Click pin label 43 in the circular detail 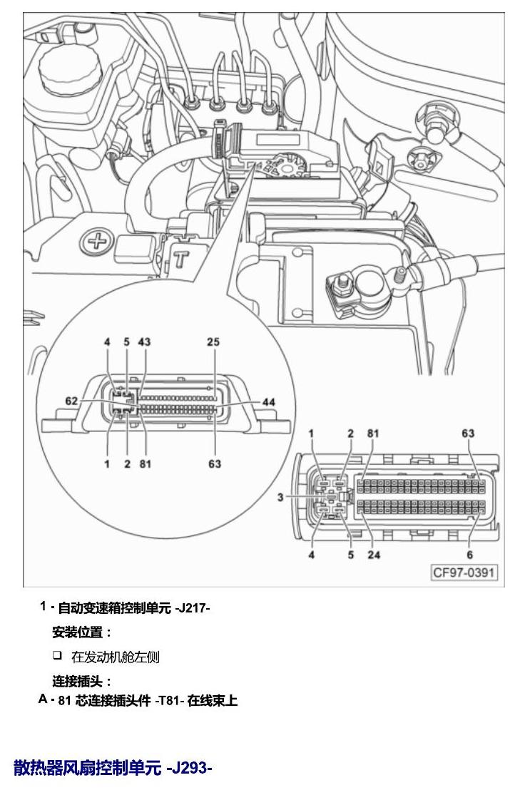[x=144, y=342]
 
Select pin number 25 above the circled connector [x=213, y=342]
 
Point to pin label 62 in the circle [x=71, y=401]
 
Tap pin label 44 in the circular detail [x=269, y=402]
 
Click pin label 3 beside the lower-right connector [x=280, y=497]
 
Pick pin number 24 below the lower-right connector [x=374, y=555]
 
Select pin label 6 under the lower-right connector [x=469, y=555]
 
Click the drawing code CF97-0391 [x=464, y=573]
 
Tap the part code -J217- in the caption [x=193, y=608]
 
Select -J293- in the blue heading [x=190, y=768]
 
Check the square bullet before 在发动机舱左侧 [x=58, y=655]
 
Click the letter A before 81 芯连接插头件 [x=43, y=700]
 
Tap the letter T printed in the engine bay [x=181, y=259]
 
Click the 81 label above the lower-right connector [x=373, y=434]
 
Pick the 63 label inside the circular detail [x=215, y=463]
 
